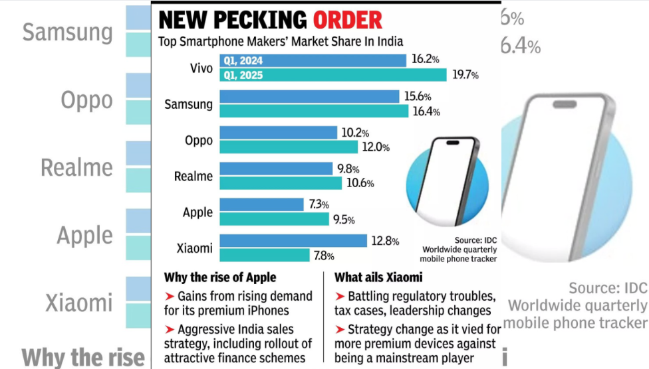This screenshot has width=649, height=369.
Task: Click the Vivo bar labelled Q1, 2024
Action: coord(313,60)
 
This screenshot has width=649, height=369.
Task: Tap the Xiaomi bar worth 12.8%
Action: coord(293,241)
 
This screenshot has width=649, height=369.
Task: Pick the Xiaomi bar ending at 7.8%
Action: coord(263,256)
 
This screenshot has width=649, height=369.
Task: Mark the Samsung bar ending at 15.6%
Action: coord(309,97)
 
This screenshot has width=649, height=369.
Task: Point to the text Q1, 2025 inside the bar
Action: coord(243,75)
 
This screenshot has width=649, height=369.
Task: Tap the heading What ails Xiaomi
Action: coord(379,277)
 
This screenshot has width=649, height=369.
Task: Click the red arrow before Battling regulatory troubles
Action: coord(340,295)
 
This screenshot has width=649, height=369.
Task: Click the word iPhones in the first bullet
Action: coord(273,310)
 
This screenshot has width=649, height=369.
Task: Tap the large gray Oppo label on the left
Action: coord(86,100)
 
